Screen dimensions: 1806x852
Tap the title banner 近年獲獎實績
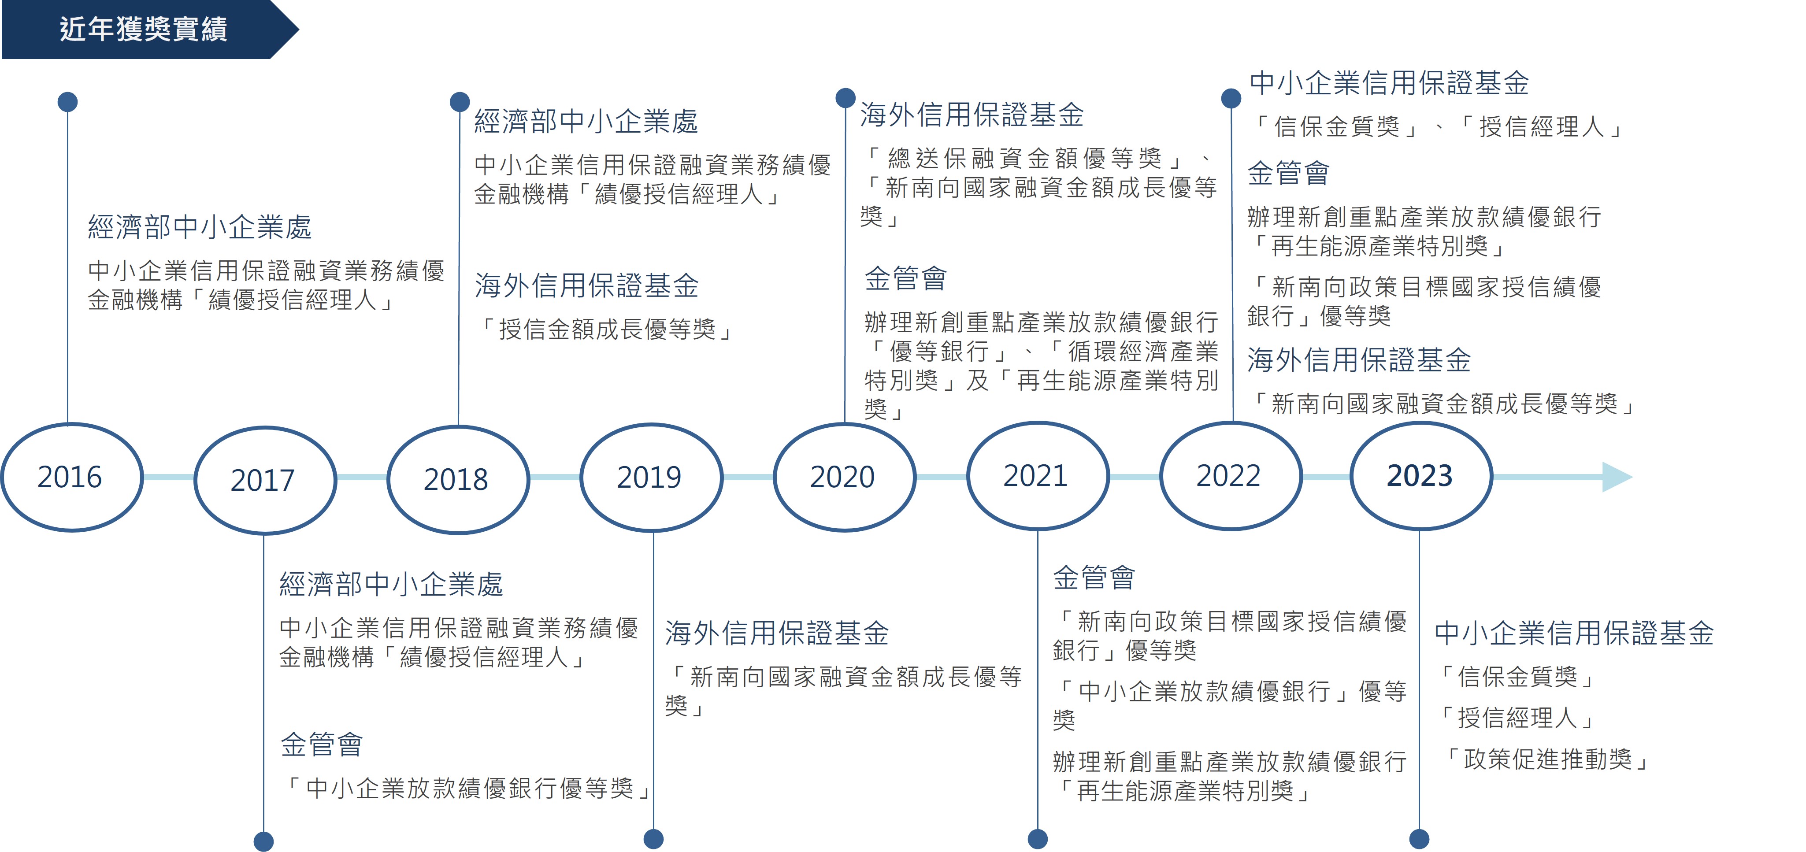pos(144,30)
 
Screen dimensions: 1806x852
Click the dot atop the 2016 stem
pos(67,102)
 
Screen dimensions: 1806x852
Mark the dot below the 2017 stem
pos(263,841)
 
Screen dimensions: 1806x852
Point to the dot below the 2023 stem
pos(1419,839)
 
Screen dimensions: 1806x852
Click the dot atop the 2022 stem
pos(1231,98)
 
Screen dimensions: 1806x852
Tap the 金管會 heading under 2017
pos(322,744)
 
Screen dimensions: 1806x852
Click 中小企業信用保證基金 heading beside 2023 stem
pos(1574,633)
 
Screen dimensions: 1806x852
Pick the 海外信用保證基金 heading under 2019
pos(777,633)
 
